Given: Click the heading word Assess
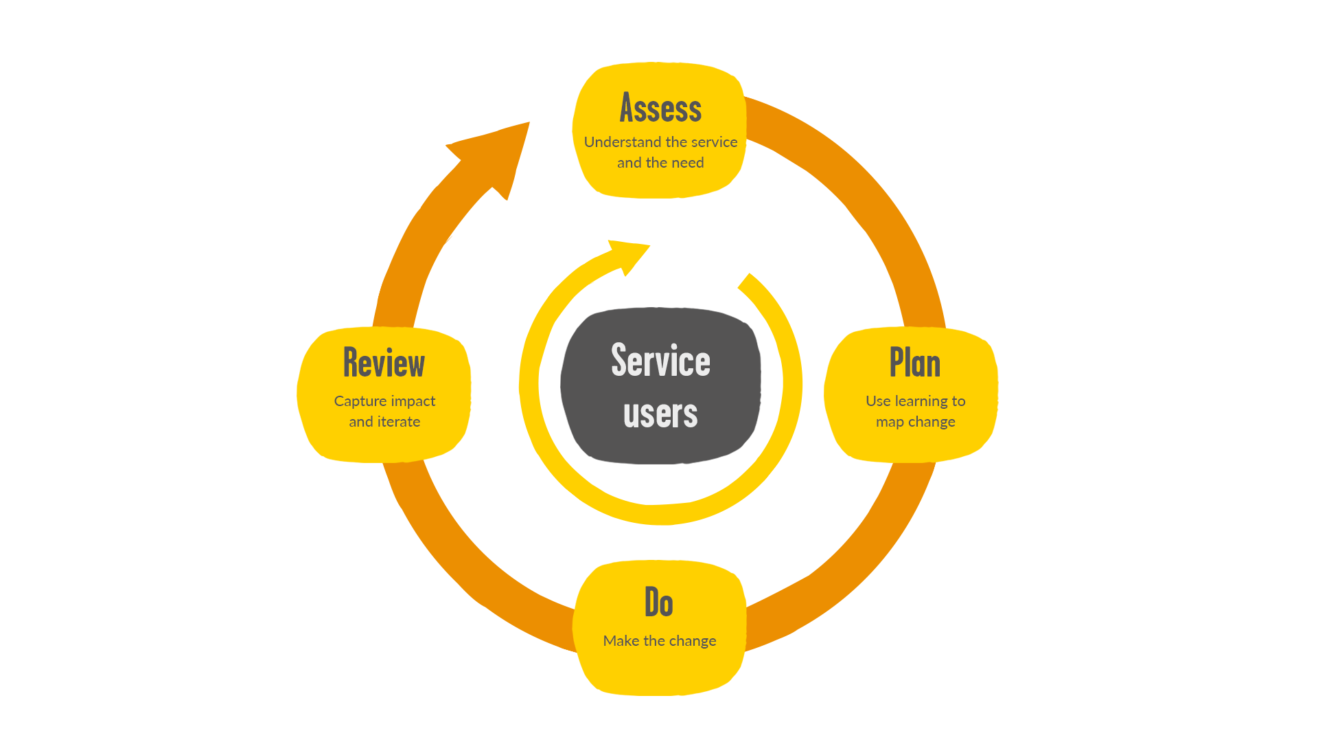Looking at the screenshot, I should (x=660, y=109).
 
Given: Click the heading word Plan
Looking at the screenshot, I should (x=914, y=363).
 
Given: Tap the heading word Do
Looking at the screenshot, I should (x=658, y=603).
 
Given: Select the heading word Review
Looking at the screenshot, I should (x=384, y=363).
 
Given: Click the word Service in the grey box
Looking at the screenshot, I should (x=660, y=361).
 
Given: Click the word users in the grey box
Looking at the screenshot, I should (x=660, y=414).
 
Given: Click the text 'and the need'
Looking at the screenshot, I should (x=660, y=163).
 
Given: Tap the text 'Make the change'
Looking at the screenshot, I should (x=659, y=641).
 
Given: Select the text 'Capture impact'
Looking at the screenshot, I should (x=384, y=401).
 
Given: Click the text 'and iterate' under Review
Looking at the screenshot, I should (x=384, y=422).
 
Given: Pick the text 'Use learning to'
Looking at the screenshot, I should (x=915, y=401).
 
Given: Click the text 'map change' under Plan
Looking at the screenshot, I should (x=915, y=422).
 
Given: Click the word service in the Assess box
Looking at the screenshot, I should (x=714, y=142).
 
